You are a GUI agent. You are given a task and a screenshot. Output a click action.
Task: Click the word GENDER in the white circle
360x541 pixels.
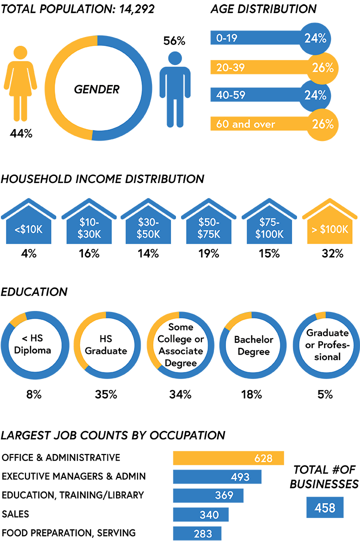96,89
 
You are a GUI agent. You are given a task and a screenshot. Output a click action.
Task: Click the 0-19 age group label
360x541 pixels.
226,38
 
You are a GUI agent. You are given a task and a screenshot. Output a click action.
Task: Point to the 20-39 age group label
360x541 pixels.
230,67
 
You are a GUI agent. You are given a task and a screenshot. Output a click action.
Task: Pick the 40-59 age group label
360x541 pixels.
230,95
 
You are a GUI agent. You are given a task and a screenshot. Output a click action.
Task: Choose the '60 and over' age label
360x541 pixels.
245,124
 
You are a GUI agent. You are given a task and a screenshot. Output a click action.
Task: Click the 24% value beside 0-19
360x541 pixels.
315,38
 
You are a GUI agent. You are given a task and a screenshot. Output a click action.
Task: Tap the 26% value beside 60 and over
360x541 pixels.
322,124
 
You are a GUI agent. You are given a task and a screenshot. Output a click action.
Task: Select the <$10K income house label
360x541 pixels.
29,230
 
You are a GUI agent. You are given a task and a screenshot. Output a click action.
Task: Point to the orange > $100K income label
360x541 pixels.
329,230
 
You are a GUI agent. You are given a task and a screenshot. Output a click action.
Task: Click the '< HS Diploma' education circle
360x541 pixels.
32,344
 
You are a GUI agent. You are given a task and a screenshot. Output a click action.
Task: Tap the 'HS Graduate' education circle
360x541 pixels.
105,344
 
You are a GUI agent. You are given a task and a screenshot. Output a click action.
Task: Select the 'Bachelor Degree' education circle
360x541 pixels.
254,345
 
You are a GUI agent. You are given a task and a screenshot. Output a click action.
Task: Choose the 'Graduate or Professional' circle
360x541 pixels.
327,344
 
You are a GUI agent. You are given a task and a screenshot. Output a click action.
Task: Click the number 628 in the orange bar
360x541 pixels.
263,457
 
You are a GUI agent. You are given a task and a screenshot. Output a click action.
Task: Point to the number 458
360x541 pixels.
325,508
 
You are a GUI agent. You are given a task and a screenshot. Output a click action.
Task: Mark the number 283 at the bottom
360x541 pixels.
202,533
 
